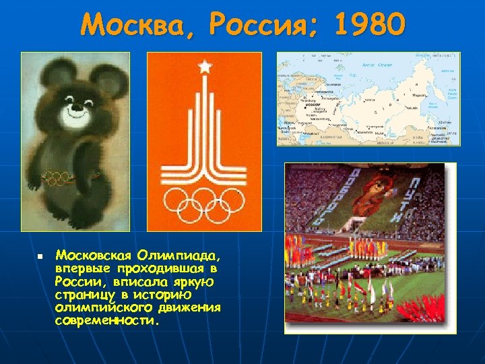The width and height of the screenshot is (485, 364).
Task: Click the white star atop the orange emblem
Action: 203,67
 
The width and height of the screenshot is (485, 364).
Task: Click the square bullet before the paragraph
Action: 40,257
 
